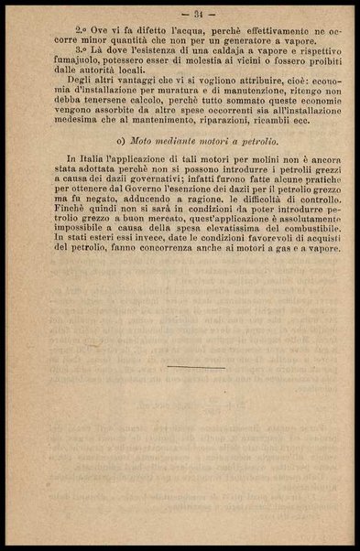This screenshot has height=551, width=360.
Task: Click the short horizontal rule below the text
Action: [196, 367]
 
